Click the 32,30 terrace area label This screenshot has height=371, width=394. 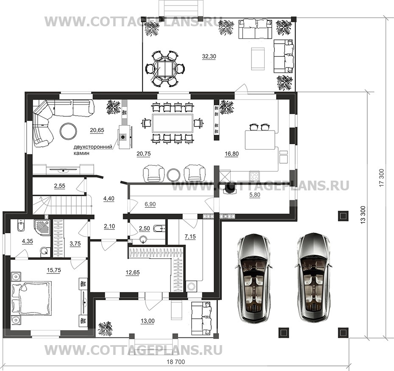pyautogui.click(x=209, y=56)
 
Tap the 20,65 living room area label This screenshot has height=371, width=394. pyautogui.click(x=97, y=130)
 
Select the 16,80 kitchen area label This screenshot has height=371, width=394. pyautogui.click(x=232, y=154)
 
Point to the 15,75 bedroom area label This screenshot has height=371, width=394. pyautogui.click(x=54, y=270)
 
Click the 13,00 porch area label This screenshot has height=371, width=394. pyautogui.click(x=148, y=321)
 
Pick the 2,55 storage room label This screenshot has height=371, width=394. pyautogui.click(x=59, y=186)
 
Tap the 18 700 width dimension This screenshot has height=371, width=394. pyautogui.click(x=176, y=362)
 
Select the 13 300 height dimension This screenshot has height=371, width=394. pyautogui.click(x=364, y=215)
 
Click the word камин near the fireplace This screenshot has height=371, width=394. pyautogui.click(x=81, y=153)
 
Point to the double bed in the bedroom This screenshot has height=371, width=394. pyautogui.click(x=31, y=298)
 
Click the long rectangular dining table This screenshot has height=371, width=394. pyautogui.click(x=173, y=123)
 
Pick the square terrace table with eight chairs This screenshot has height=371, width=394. pyautogui.click(x=164, y=69)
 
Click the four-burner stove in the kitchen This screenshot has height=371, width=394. pyautogui.click(x=254, y=176)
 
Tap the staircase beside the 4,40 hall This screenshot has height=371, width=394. pyautogui.click(x=62, y=205)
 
